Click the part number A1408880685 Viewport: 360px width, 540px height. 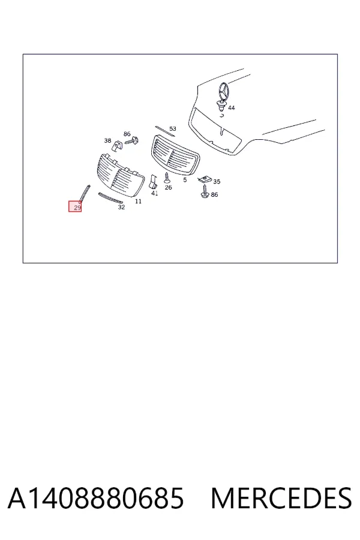(96, 498)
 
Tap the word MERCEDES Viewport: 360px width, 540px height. (281, 498)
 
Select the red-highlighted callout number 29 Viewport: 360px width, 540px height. (75, 206)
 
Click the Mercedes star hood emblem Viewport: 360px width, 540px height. (223, 92)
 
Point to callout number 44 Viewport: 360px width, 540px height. (232, 108)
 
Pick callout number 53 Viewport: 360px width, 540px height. (173, 128)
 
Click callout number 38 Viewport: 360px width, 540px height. (108, 140)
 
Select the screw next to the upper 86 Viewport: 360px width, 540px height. (132, 140)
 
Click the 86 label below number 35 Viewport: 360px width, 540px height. (214, 194)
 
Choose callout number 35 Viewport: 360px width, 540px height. (217, 181)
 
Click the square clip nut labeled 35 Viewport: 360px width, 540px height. (205, 179)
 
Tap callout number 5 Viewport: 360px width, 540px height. (185, 180)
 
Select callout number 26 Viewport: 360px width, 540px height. (168, 187)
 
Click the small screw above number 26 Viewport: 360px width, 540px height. (167, 178)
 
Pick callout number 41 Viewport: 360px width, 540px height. (155, 193)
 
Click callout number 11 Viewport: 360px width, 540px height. (138, 201)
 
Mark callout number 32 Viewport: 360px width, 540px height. (121, 207)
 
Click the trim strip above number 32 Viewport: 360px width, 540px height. (110, 197)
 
